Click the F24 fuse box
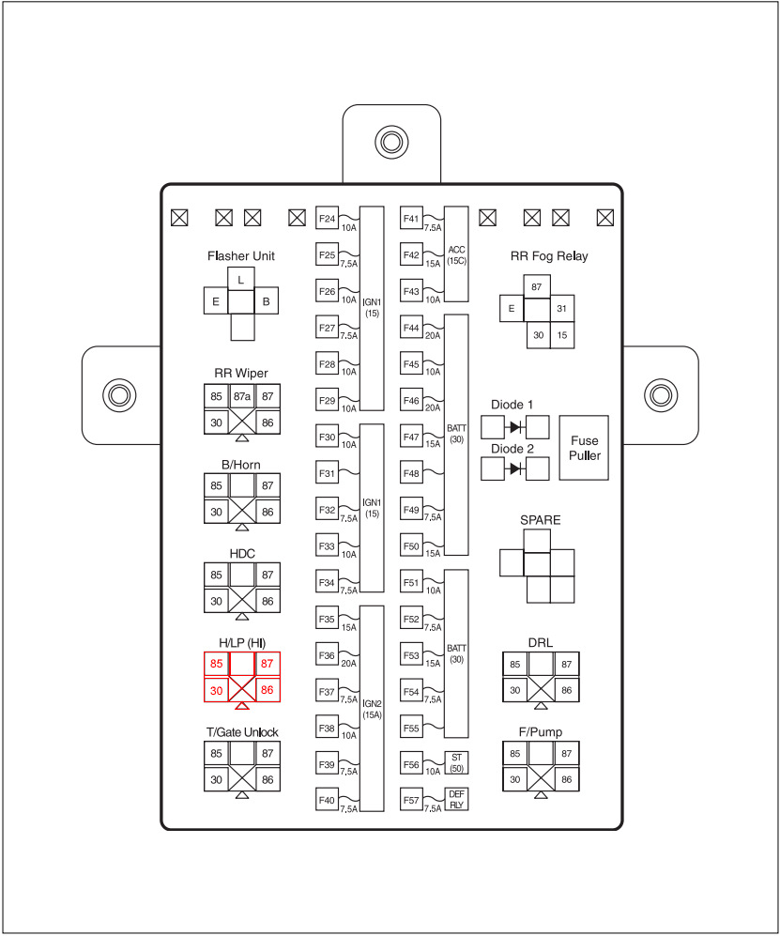click(327, 219)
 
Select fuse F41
click(411, 219)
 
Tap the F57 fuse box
click(411, 799)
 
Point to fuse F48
click(411, 472)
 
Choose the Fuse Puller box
click(583, 448)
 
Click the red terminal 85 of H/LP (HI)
click(217, 664)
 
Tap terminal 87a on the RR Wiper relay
click(241, 396)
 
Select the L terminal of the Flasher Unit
click(241, 280)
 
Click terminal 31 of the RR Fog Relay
click(561, 309)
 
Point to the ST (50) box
click(456, 762)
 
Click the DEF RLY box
click(456, 799)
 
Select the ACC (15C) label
click(456, 254)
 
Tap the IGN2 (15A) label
click(372, 709)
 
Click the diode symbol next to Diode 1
click(515, 427)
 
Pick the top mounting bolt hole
click(390, 142)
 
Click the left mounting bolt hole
click(118, 394)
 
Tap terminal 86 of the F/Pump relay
click(566, 779)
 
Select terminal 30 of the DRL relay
click(514, 690)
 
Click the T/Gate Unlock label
click(242, 732)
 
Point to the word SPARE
click(536, 518)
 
